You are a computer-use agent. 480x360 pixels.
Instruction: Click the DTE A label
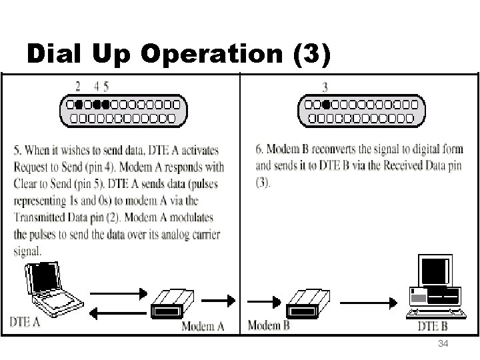(x=25, y=322)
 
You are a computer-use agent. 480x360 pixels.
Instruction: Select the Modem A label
(x=203, y=326)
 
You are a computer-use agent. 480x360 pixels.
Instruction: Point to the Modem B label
(x=269, y=325)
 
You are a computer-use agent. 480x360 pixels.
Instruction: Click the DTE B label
(x=433, y=326)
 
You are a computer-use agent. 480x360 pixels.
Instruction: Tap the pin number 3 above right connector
(x=325, y=87)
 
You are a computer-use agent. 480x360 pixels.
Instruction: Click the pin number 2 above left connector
(x=78, y=87)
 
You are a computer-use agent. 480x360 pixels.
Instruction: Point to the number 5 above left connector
(x=106, y=87)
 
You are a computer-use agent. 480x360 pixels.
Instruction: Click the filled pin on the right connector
(x=325, y=105)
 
